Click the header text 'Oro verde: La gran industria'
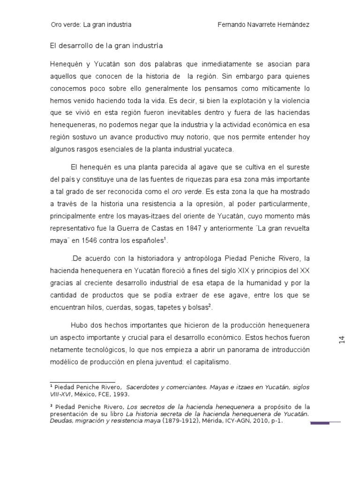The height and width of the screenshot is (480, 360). coord(91,24)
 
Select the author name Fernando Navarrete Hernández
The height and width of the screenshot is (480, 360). coord(264,24)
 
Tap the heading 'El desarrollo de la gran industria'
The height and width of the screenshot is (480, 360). coord(106,46)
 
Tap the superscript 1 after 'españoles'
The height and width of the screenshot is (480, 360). coord(165,239)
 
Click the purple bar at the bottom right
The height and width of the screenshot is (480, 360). coord(320,423)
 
